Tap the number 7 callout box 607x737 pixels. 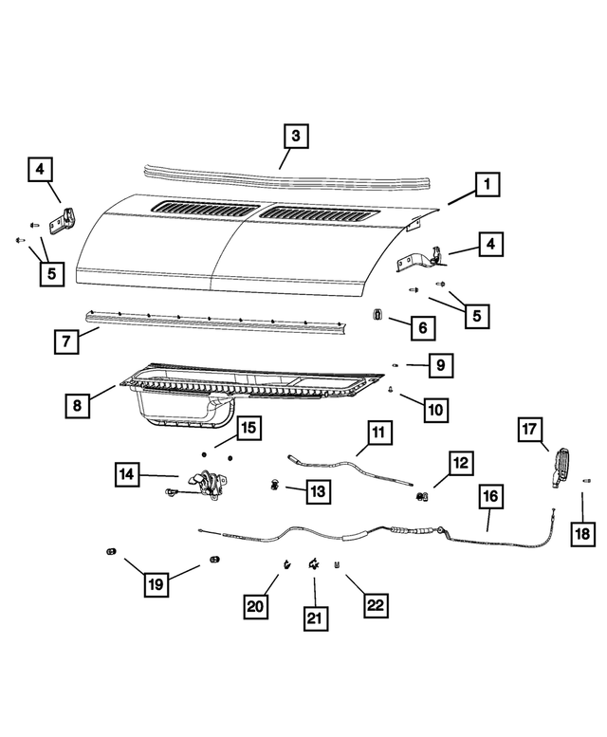[x=65, y=341]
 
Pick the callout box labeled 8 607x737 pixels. [x=79, y=406]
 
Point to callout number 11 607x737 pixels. [x=377, y=433]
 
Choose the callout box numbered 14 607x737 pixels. [x=130, y=472]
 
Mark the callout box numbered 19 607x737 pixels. [x=156, y=584]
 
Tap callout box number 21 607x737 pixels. [x=314, y=617]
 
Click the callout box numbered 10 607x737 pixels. [x=434, y=410]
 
